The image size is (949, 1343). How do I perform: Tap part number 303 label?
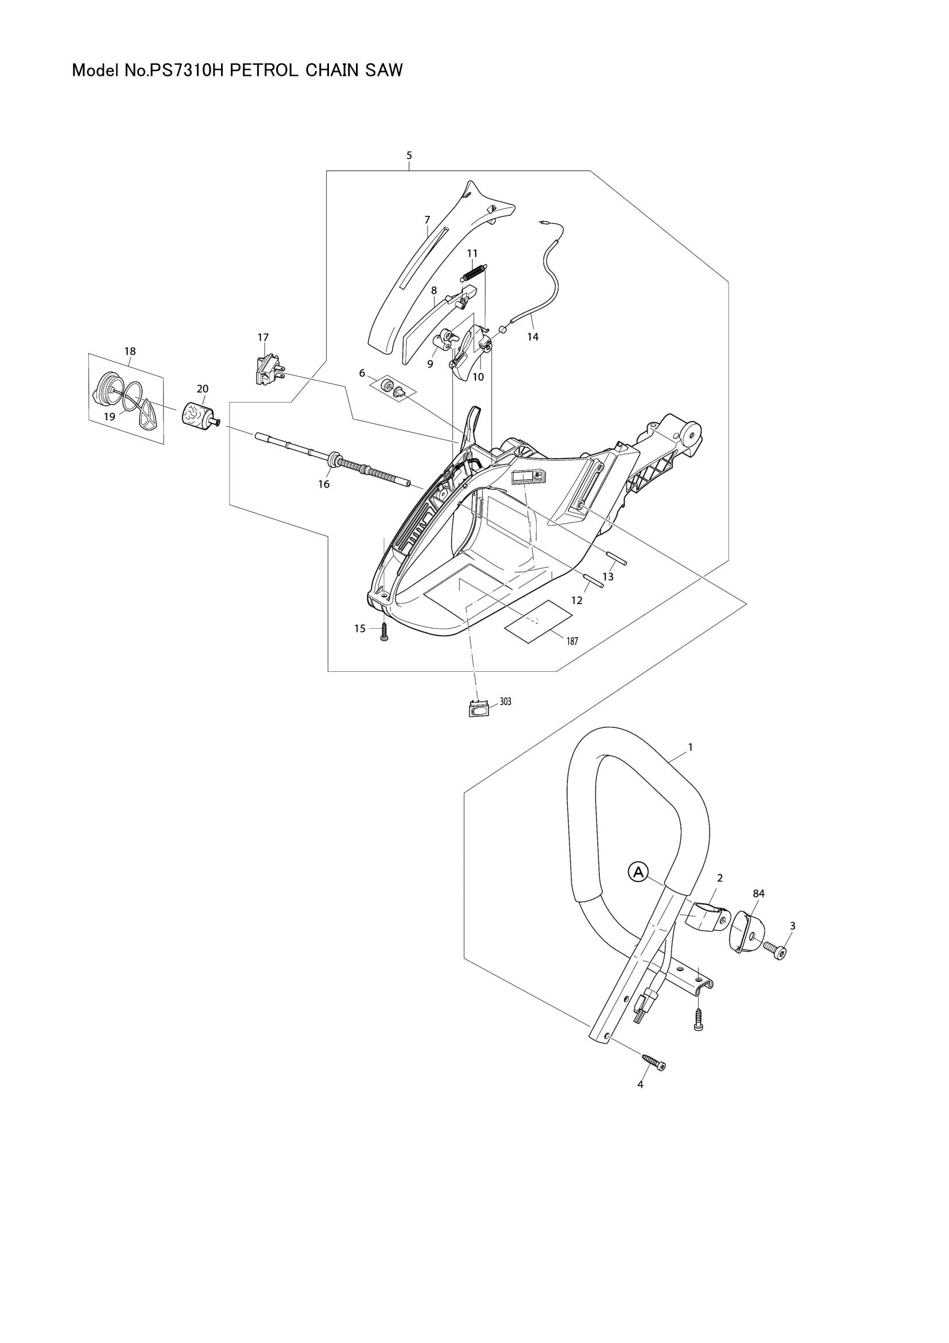(x=505, y=701)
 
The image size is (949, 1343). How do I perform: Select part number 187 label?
(x=572, y=641)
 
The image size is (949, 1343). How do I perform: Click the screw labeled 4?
(x=654, y=1062)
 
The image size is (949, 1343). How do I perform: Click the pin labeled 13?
(x=616, y=558)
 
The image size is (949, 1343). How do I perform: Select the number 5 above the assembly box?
(x=409, y=155)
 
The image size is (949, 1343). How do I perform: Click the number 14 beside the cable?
(x=532, y=337)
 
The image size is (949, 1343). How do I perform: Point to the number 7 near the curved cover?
(x=428, y=219)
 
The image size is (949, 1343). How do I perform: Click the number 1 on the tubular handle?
(x=691, y=747)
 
